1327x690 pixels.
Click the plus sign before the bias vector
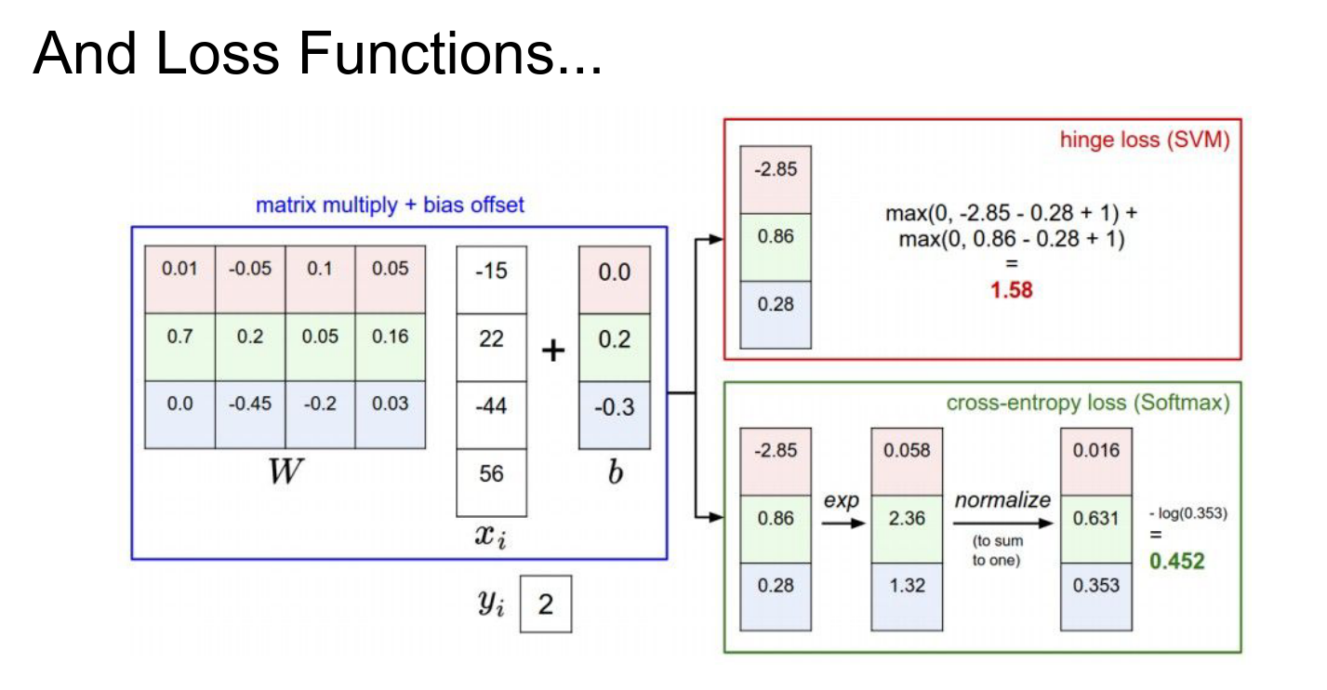(x=553, y=352)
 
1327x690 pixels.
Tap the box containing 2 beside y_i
(x=545, y=605)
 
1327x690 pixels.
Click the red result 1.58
(x=1011, y=291)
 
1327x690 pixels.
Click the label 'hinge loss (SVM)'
(x=1145, y=141)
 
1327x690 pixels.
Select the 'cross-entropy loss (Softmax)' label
(x=1087, y=404)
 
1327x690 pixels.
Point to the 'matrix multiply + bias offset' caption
(x=390, y=205)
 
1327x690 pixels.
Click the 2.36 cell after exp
(x=907, y=518)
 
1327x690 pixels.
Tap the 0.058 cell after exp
(x=907, y=451)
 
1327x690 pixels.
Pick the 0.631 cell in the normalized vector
(x=1096, y=518)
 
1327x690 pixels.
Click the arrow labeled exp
(x=842, y=523)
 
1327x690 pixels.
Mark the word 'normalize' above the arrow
(x=1002, y=500)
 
